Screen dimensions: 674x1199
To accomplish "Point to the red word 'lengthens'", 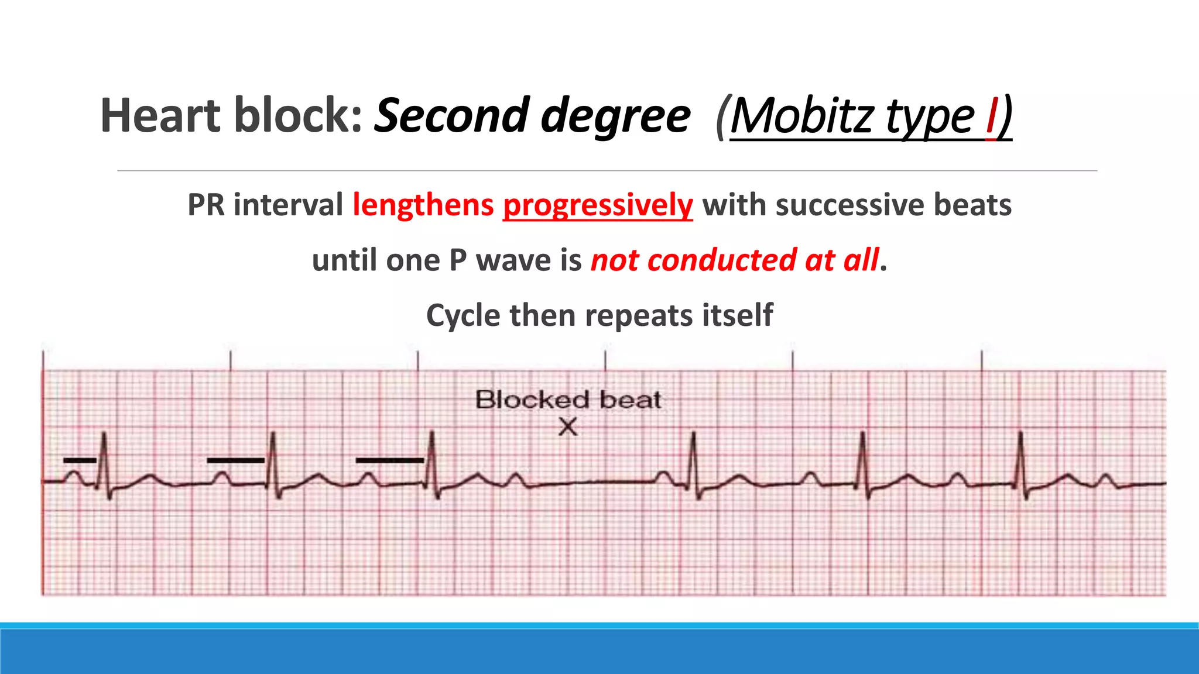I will (423, 205).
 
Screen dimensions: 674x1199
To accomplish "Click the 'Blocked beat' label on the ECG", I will (568, 400).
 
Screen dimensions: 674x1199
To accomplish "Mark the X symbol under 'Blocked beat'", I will (568, 427).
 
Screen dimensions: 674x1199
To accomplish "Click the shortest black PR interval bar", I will (80, 460).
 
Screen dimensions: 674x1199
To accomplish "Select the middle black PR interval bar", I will (235, 460).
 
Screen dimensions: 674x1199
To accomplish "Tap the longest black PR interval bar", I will (389, 460).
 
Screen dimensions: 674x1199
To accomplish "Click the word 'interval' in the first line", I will (288, 205).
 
